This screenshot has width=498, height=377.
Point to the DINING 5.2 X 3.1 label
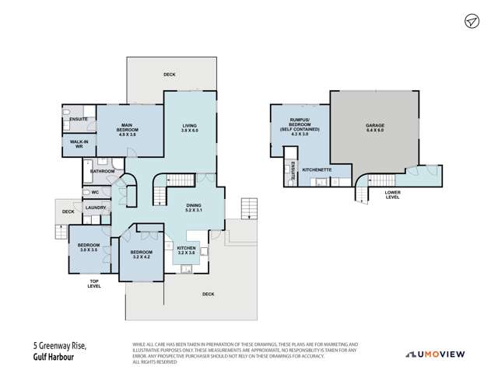click(x=194, y=208)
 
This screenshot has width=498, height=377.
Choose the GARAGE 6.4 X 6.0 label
click(x=376, y=128)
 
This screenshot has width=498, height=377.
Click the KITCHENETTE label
click(x=317, y=169)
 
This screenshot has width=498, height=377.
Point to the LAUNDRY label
click(x=96, y=208)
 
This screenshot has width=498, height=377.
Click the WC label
click(x=94, y=191)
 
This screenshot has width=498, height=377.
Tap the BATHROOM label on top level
click(x=103, y=171)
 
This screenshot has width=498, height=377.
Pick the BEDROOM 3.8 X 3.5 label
click(x=88, y=248)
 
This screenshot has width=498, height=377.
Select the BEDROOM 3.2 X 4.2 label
click(x=141, y=255)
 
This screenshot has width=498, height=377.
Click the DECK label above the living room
click(x=170, y=75)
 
